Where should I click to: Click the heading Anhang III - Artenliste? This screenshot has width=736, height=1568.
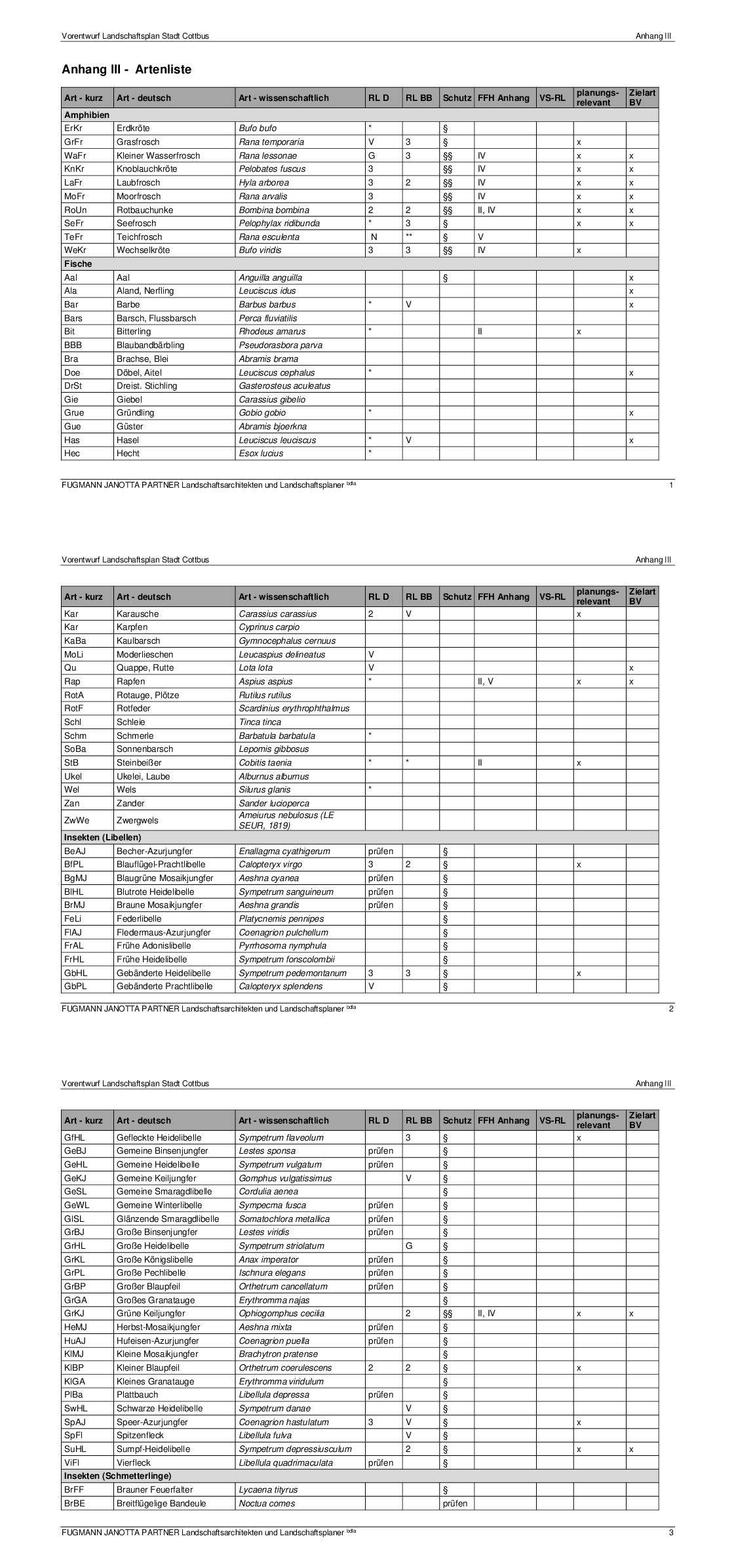(126, 69)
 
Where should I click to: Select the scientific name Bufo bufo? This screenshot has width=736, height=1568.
(258, 128)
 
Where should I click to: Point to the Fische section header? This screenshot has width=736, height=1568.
(78, 264)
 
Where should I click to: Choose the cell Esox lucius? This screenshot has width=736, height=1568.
(261, 454)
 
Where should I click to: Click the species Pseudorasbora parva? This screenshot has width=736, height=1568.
(281, 345)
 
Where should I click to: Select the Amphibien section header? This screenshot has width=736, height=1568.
(87, 115)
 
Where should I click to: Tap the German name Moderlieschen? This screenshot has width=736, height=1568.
(145, 654)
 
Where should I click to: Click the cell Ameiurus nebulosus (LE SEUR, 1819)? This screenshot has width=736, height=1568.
(286, 820)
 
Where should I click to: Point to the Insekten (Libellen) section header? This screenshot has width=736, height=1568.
(102, 837)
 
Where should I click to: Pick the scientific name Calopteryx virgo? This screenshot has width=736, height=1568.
(271, 865)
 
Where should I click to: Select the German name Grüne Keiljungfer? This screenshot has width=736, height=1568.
(151, 1314)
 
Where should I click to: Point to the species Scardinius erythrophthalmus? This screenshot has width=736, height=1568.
(294, 708)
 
